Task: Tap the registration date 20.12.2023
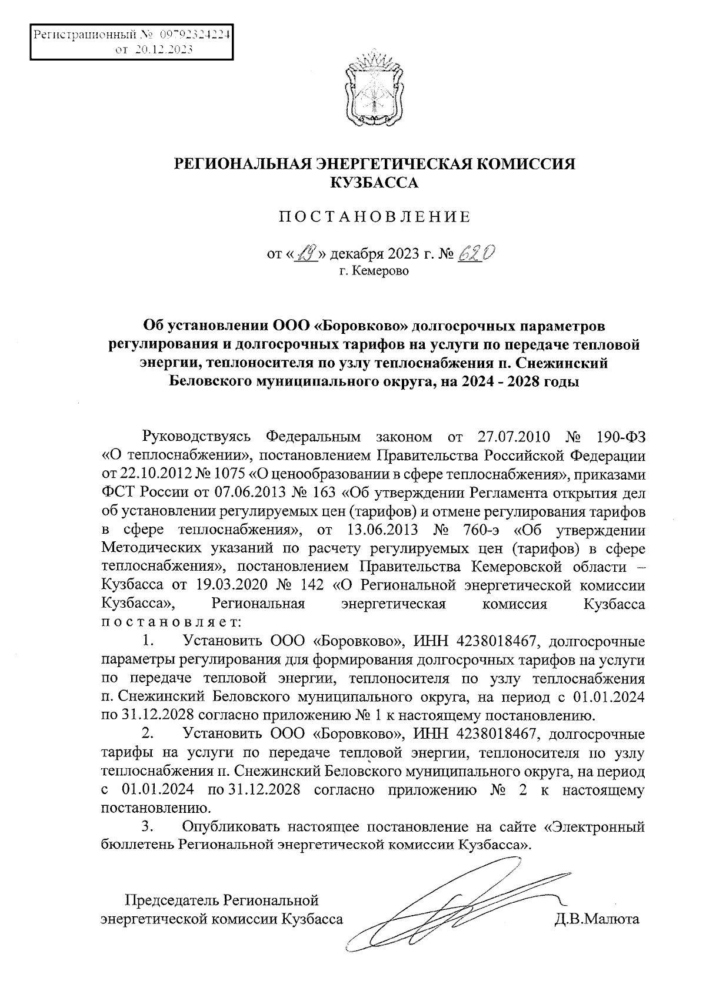click(x=164, y=50)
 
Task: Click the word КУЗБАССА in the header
click(x=374, y=183)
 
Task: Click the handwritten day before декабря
click(x=308, y=254)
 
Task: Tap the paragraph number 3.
click(x=148, y=827)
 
